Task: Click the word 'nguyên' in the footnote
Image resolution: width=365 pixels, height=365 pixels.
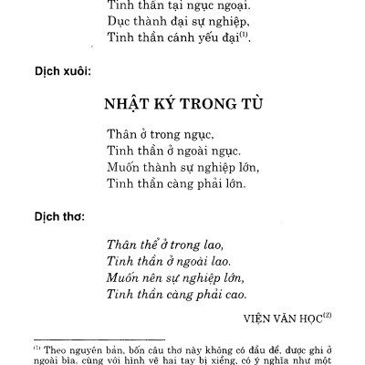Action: click(87, 349)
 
